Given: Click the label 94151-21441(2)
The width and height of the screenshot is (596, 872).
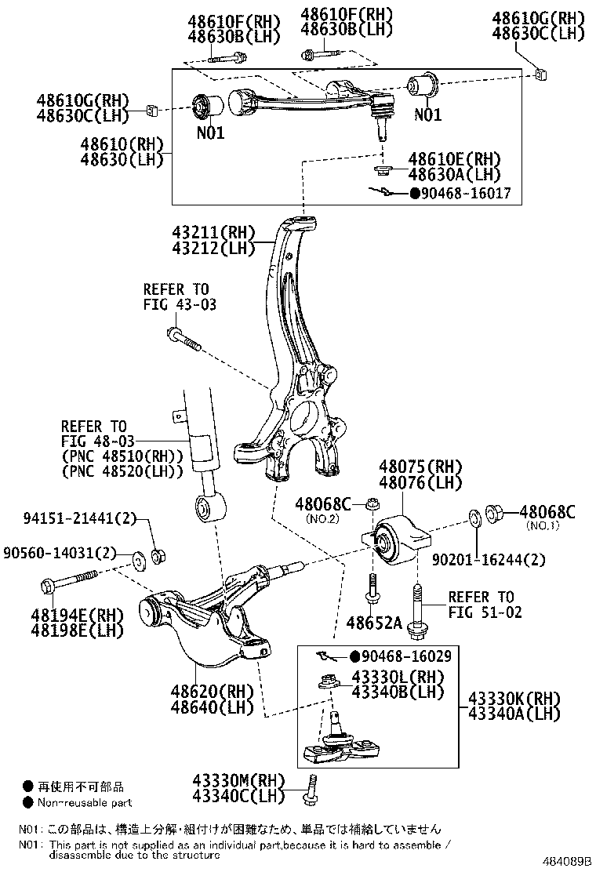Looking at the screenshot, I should click(x=79, y=518).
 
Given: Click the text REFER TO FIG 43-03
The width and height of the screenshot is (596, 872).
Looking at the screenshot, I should click(x=179, y=296).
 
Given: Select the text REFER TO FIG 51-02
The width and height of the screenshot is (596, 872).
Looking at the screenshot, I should click(x=481, y=605).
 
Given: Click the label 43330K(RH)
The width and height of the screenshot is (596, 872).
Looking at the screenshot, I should click(x=514, y=698).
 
